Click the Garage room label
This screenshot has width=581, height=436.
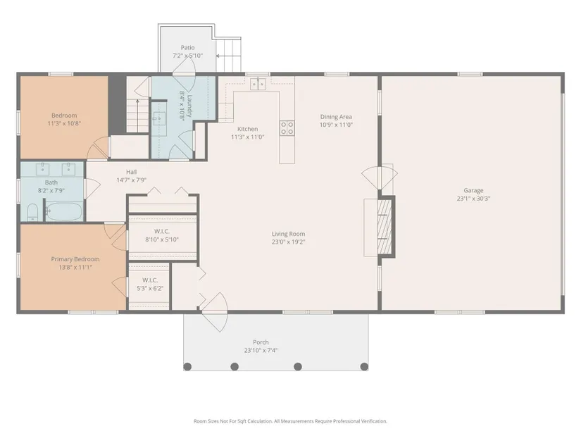(x=473, y=191)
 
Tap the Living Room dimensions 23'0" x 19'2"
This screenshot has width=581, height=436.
(x=288, y=242)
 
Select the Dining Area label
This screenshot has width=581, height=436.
(x=336, y=117)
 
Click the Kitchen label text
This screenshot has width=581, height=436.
(x=247, y=129)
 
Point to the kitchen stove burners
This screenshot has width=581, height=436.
(x=287, y=128)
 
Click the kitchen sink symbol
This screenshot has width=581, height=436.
(x=258, y=84)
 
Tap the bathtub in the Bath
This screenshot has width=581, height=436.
(x=64, y=211)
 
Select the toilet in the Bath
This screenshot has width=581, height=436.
(x=32, y=213)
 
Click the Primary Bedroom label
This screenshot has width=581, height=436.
(x=75, y=259)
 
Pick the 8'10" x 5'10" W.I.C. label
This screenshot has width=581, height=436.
(x=162, y=240)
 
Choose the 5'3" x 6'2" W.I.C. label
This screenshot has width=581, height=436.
(x=150, y=289)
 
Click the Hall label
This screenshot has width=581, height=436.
(x=131, y=172)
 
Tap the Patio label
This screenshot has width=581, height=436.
(x=187, y=47)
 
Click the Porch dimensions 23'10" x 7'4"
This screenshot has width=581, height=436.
(x=261, y=350)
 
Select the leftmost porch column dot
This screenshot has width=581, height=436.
(x=187, y=367)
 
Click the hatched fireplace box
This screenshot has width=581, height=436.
(x=385, y=227)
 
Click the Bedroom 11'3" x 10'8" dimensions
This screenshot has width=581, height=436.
(x=64, y=123)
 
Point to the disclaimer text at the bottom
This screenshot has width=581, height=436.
(x=290, y=421)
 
